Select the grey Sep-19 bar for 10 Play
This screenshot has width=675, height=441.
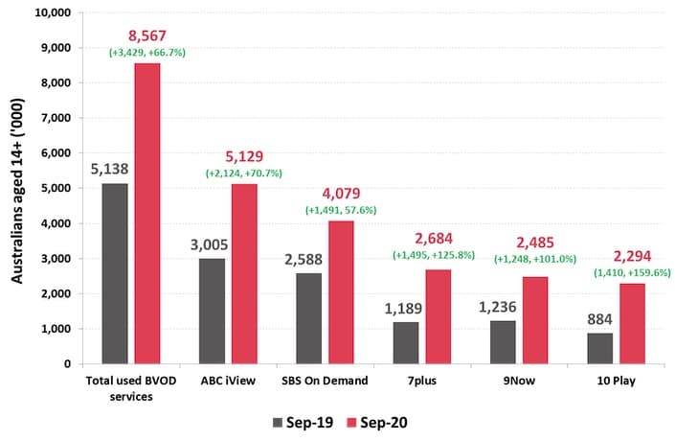click(600, 348)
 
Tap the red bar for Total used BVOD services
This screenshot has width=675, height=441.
click(147, 213)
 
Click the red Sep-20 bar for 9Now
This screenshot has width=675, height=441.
click(535, 320)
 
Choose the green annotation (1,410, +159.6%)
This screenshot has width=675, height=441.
click(632, 271)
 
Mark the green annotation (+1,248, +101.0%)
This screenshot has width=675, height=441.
click(535, 258)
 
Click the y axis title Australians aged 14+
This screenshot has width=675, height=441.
click(16, 188)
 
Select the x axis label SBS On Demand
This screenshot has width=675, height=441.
click(326, 383)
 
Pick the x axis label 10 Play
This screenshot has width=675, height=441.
click(616, 383)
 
